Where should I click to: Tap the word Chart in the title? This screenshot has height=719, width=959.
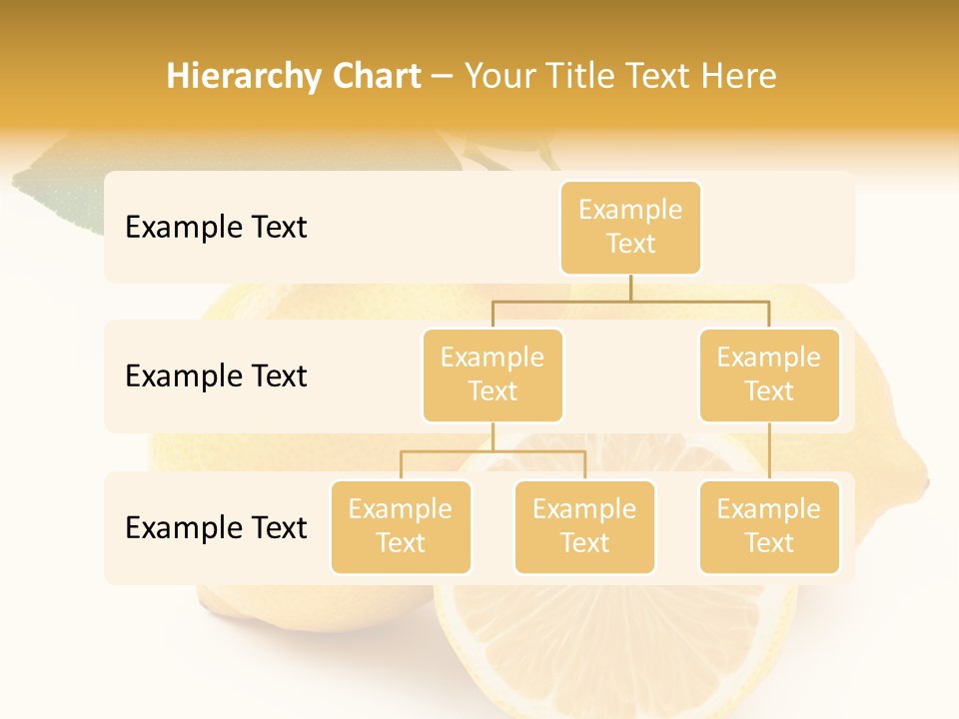coord(376,76)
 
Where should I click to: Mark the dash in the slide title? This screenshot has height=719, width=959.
coord(443,77)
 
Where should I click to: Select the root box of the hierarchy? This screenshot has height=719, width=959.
coord(630,227)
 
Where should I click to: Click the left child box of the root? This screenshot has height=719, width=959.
coord(492,374)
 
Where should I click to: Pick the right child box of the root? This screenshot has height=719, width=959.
coord(769,374)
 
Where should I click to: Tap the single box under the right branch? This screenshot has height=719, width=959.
coord(769,526)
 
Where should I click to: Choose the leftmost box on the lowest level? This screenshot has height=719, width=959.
coord(401,526)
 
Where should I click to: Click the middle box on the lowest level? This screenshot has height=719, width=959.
coord(584,526)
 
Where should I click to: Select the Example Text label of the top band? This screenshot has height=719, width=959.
coord(216,227)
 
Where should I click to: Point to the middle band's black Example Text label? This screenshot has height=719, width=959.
coord(216,375)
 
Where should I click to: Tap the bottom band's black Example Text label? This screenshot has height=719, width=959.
coord(216,527)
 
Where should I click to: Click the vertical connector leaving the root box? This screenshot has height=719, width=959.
coord(630,288)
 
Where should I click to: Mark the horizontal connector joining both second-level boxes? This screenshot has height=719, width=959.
coord(630,300)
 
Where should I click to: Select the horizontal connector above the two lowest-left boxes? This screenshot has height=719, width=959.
coord(492,451)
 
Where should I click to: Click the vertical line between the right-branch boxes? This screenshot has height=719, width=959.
coord(769,451)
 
